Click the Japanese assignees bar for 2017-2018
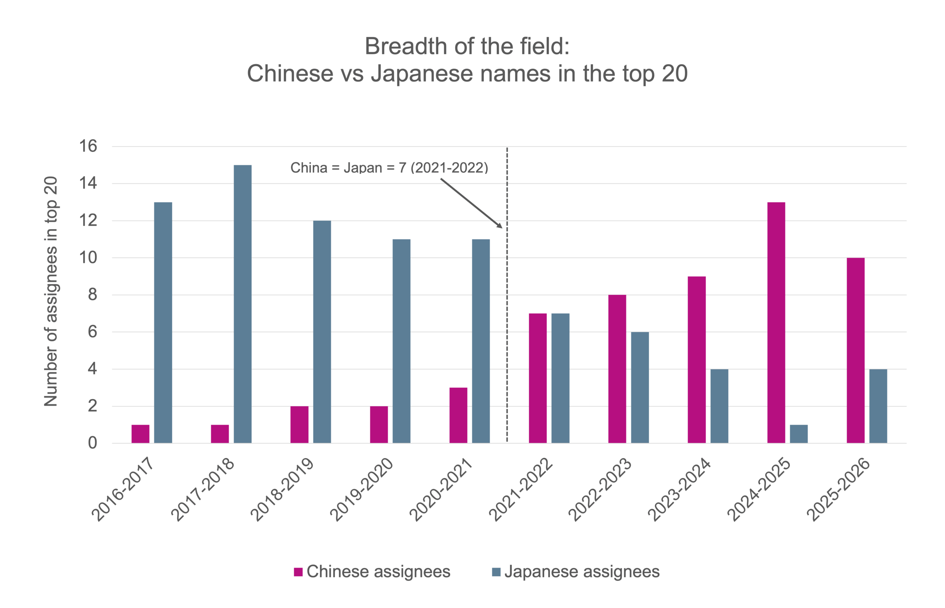243,304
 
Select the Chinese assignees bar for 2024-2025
776,322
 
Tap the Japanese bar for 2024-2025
798,434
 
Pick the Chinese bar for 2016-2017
141,434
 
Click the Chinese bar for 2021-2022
538,378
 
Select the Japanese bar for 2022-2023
640,387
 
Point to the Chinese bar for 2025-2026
856,350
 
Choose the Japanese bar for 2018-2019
322,332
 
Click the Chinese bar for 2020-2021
458,415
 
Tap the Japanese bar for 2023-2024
719,406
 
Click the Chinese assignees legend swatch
298,572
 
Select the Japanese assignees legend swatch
496,572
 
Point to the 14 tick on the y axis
88,183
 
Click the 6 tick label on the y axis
92,332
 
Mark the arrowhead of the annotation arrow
500,226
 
